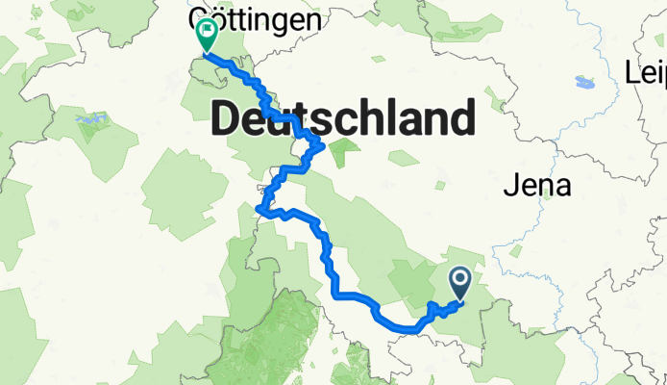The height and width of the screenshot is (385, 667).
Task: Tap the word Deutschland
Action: point(342,118)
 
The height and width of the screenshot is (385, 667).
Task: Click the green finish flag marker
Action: point(206,36)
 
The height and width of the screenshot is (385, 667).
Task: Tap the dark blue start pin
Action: point(459,282)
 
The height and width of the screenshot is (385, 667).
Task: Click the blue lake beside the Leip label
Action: point(584,81)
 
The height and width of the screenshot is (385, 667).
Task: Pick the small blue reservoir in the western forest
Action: point(87,120)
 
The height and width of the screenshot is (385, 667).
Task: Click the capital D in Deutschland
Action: point(227,118)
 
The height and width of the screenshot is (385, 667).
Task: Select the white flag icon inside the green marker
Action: point(206,31)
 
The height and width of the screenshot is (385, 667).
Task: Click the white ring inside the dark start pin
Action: point(459,278)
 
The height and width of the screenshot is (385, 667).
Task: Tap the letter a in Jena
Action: point(563,187)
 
